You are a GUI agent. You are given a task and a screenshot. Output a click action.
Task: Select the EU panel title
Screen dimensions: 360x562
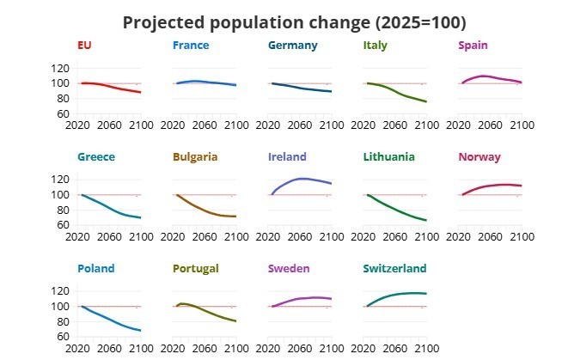coord(84,46)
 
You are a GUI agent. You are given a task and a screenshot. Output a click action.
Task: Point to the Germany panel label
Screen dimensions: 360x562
coord(292,46)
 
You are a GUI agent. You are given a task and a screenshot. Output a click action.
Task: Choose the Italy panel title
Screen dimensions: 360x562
coord(376,46)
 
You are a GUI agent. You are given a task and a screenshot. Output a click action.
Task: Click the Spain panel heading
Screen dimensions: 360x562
coord(475,46)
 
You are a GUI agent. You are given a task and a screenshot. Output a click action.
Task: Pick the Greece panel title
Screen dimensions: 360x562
coord(95,157)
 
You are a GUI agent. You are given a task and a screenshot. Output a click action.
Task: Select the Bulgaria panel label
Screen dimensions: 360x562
coord(195,157)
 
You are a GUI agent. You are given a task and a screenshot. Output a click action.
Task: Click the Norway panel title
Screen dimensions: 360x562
coord(480,157)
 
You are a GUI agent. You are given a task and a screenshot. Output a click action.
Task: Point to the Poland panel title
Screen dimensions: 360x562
coord(95,269)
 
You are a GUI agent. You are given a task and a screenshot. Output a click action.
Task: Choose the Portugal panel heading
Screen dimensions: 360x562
coord(196,269)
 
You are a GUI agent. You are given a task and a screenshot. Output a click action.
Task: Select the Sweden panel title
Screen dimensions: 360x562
coord(290,269)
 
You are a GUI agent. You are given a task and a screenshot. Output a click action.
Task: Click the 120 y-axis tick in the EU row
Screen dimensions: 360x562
coord(60,68)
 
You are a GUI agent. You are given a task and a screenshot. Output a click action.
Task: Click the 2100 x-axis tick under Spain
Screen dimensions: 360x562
coord(522,125)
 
